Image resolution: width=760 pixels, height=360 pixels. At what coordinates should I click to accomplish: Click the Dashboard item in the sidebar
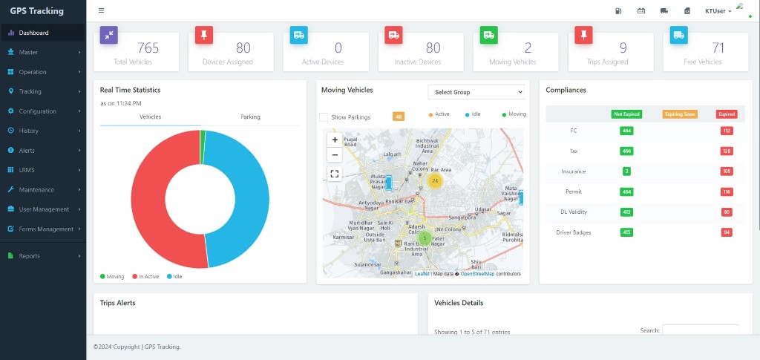(33, 33)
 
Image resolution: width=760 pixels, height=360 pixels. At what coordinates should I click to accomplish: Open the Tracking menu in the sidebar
(30, 91)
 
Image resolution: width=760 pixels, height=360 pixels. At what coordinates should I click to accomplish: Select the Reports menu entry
(29, 256)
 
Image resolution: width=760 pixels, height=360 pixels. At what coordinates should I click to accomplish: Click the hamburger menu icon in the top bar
(101, 10)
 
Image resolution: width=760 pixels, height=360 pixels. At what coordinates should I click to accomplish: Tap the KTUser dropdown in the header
(718, 11)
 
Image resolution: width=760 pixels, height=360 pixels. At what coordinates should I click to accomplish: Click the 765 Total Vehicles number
(148, 48)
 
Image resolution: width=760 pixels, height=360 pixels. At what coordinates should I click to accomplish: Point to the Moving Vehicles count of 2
(528, 48)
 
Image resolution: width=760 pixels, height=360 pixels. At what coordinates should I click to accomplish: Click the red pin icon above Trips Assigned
(584, 34)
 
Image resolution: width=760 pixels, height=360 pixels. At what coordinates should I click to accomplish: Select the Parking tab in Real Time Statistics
(250, 117)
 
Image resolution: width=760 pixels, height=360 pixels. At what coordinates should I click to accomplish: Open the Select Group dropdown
(476, 92)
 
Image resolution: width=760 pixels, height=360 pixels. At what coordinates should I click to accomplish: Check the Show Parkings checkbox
(324, 117)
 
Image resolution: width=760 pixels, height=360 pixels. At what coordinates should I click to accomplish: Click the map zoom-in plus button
(335, 140)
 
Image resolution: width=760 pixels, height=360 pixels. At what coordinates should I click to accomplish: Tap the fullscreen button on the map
(335, 174)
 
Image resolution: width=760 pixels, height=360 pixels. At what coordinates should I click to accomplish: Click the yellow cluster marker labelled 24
(435, 180)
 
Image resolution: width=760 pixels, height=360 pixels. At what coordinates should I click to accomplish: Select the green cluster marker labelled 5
(425, 238)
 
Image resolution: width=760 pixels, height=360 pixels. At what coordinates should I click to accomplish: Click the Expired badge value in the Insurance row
(727, 171)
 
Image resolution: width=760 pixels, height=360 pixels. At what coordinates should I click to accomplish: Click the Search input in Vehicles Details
(700, 330)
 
